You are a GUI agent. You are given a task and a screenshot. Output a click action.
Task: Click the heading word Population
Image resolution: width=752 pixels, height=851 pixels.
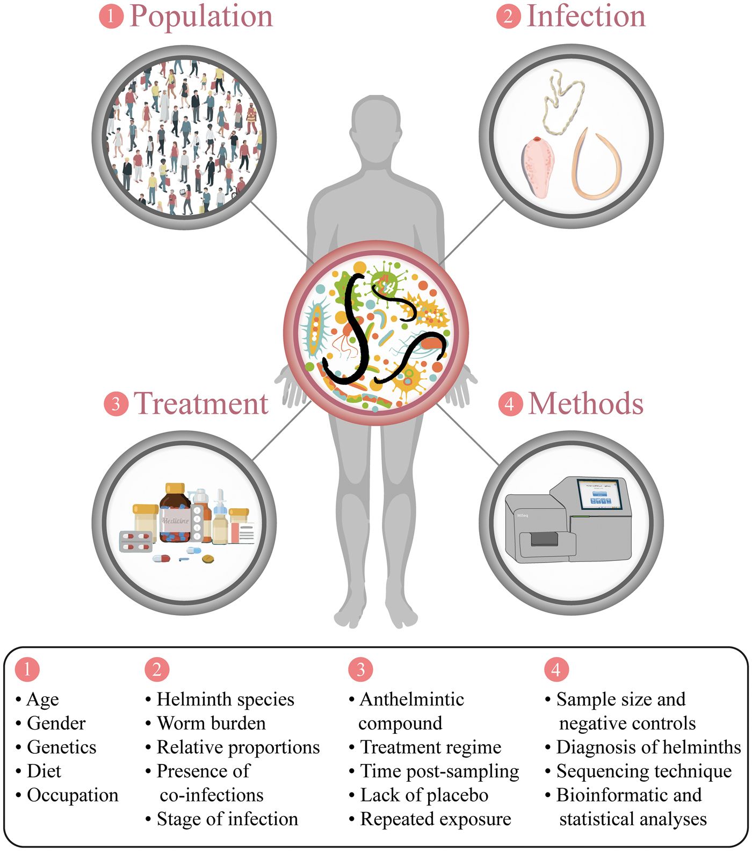click(201, 17)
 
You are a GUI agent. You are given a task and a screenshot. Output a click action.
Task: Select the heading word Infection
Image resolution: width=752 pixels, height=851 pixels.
click(586, 16)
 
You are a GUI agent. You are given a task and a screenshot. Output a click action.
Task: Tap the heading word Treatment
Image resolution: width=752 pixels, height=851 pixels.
click(201, 403)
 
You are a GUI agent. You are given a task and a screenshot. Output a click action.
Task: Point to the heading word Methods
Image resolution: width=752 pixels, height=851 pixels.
click(586, 403)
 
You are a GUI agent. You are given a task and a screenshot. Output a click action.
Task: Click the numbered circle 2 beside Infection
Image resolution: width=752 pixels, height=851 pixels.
click(508, 17)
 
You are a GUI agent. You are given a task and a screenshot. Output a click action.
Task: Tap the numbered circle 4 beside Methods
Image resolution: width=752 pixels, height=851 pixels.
click(510, 404)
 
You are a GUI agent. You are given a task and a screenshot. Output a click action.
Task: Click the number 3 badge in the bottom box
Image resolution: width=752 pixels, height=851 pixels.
click(360, 669)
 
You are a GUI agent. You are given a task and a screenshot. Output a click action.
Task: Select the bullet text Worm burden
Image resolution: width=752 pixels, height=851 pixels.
click(211, 723)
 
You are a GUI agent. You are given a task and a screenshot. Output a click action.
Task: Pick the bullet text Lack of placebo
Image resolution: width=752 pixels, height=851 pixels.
click(424, 795)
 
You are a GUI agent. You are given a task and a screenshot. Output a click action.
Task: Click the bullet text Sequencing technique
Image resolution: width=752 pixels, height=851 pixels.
click(644, 771)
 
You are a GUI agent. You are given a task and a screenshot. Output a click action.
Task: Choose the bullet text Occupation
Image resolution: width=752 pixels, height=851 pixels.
click(73, 795)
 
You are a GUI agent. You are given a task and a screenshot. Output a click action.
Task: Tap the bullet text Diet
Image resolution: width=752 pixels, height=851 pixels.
click(44, 771)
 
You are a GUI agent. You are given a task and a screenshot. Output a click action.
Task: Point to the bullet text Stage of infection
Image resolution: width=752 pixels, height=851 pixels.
click(227, 819)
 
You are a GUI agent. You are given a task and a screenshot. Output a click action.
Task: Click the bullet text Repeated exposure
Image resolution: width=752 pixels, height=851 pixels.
click(436, 819)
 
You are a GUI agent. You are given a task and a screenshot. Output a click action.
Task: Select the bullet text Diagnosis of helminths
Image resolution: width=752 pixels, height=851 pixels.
click(648, 747)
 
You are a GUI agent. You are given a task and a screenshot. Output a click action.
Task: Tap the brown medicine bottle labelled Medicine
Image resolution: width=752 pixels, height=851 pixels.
click(175, 516)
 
